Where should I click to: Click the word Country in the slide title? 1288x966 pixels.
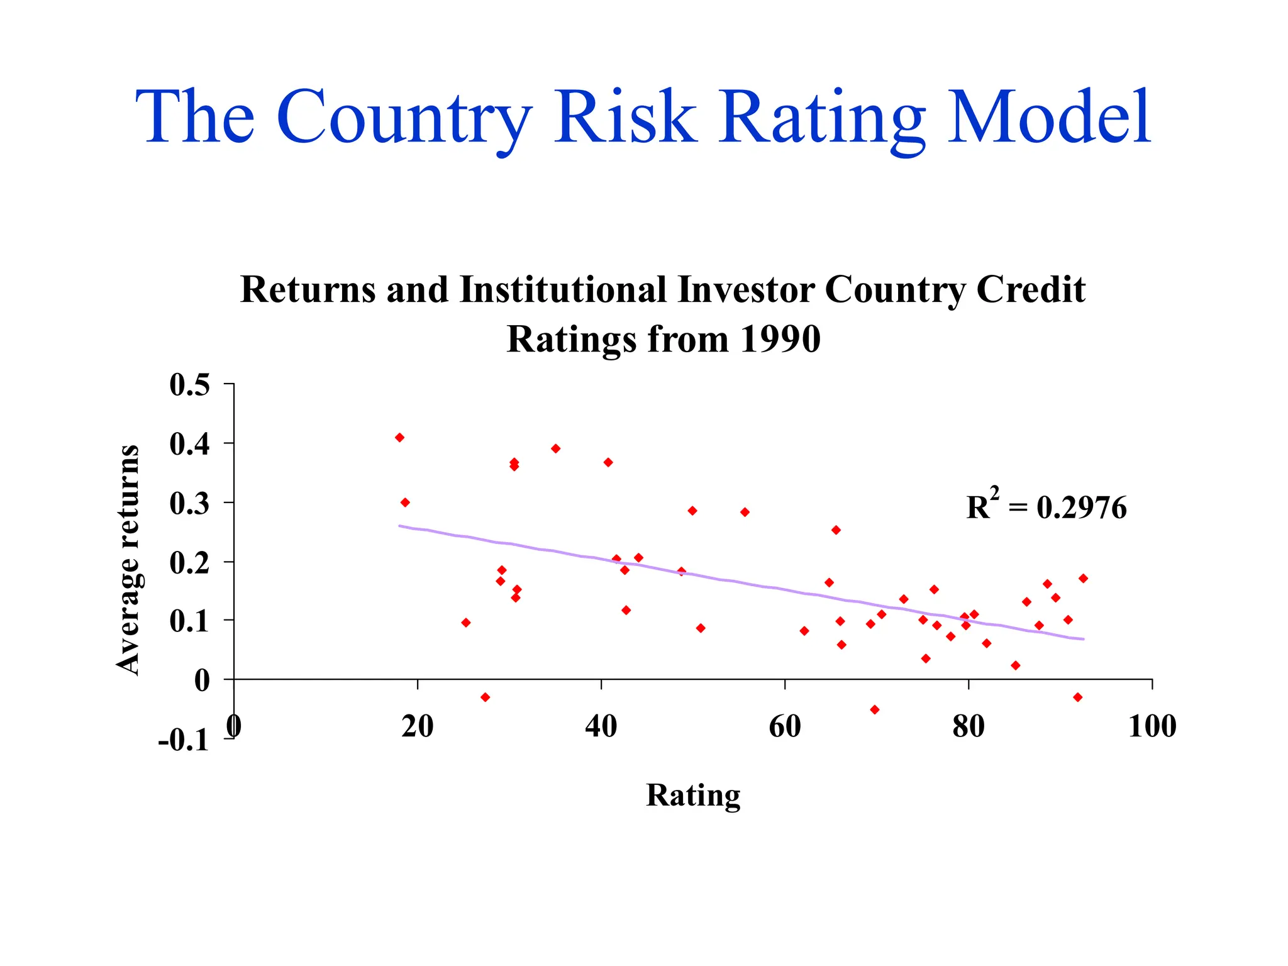coord(403,118)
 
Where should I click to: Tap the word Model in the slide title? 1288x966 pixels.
coord(1048,118)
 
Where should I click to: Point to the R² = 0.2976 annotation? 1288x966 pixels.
coord(1046,506)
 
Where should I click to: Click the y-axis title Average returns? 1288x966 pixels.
coord(128,560)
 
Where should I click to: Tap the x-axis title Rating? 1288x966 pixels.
coord(693,795)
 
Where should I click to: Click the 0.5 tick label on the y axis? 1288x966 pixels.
coord(189,385)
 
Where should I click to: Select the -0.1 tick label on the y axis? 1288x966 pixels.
coord(183,740)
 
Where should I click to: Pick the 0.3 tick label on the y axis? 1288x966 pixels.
coord(189,503)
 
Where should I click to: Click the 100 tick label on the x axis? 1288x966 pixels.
coord(1152,726)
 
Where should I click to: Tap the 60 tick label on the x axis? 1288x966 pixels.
coord(784,726)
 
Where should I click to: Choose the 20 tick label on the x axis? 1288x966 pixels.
coord(418,726)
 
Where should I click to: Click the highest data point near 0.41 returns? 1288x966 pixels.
coord(399,438)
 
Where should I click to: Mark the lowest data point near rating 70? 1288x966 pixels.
coord(874,709)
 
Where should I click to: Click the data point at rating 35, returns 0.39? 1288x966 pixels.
coord(555,448)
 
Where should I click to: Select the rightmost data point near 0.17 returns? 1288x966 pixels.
coord(1083,579)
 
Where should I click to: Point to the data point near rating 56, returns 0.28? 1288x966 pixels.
coord(745,512)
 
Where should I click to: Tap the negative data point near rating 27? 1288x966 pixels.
coord(485,697)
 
